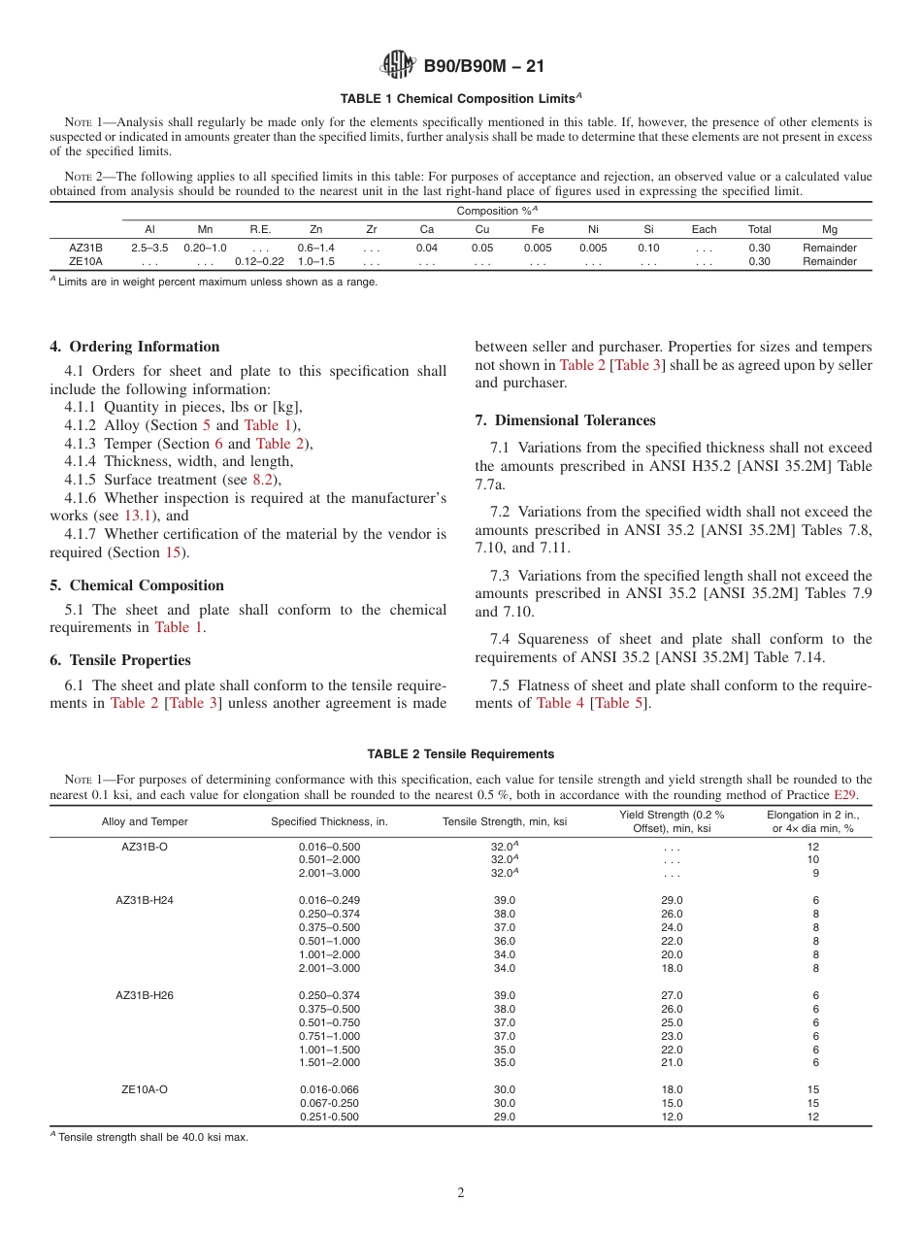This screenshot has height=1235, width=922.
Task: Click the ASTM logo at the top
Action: (397, 65)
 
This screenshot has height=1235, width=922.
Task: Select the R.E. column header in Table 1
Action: (259, 230)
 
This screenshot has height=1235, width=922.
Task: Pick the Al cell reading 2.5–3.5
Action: (149, 249)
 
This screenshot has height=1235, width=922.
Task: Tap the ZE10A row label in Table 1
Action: (85, 262)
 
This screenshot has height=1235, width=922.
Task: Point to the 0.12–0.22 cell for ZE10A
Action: (259, 262)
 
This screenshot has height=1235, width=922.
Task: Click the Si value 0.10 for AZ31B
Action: (648, 249)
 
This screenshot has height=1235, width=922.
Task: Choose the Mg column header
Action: (829, 230)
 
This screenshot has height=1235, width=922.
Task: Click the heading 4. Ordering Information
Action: (135, 347)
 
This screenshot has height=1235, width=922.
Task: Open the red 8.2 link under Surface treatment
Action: (263, 480)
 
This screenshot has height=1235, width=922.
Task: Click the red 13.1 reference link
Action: (140, 516)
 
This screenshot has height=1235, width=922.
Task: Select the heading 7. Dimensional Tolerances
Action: (565, 420)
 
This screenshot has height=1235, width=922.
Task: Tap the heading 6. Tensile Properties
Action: (120, 660)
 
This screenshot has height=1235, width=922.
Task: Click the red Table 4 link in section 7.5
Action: (560, 703)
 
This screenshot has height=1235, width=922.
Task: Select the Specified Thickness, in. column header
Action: (329, 822)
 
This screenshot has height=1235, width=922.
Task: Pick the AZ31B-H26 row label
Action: (145, 995)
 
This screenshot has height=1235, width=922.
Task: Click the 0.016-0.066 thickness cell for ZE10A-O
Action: (329, 1089)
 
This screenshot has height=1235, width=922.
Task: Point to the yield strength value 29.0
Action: (672, 900)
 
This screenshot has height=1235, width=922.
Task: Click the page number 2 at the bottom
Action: (461, 1193)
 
